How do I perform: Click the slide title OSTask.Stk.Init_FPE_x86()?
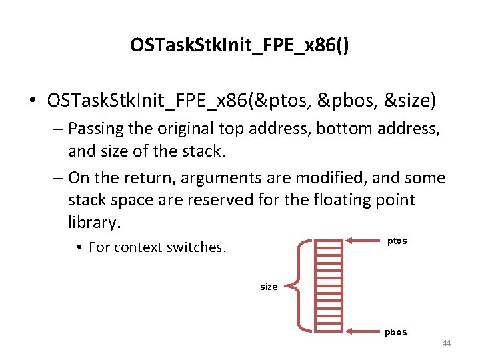click(240, 45)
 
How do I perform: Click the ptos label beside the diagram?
click(397, 241)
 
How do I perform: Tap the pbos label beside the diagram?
click(395, 332)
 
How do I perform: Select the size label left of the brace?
click(269, 287)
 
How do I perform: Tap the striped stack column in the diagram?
click(328, 286)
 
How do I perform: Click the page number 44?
click(446, 343)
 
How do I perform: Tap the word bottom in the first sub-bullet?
click(341, 127)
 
